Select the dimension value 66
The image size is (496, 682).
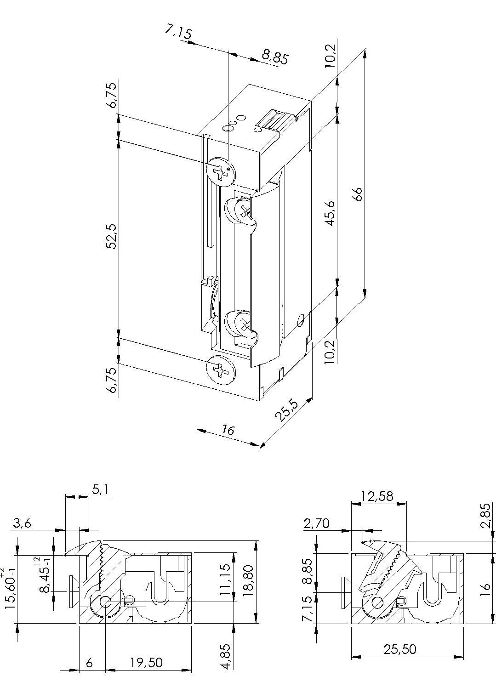pos(359,193)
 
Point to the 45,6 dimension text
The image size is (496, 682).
pos(331,213)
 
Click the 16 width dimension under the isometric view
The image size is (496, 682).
pos(227,430)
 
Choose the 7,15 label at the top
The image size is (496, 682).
pos(179,32)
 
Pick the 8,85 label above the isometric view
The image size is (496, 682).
pos(274,57)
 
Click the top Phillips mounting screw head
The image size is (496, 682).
pos(221,171)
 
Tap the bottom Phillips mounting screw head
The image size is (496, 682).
pos(221,370)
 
